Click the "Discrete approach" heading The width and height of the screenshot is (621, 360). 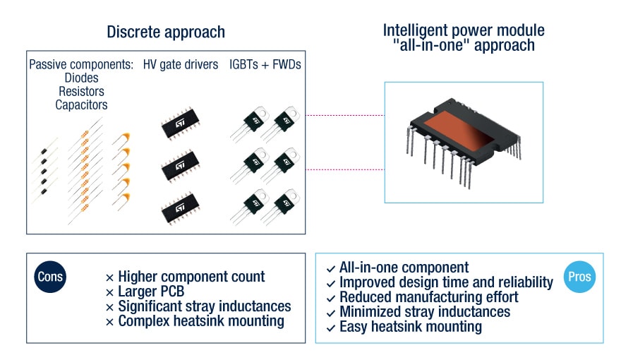166,32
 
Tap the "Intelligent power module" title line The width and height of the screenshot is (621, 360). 464,30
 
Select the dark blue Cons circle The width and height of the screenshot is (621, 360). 49,277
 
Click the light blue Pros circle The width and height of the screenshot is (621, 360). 580,277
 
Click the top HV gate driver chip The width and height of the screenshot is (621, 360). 179,125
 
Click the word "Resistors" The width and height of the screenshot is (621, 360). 81,92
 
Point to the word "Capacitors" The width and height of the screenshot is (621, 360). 81,105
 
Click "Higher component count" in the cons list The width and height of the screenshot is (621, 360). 191,277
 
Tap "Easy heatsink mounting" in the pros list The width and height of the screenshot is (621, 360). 410,327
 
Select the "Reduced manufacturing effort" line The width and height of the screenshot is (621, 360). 428,297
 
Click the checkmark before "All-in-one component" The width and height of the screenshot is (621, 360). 331,269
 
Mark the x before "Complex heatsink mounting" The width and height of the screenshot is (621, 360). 109,322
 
